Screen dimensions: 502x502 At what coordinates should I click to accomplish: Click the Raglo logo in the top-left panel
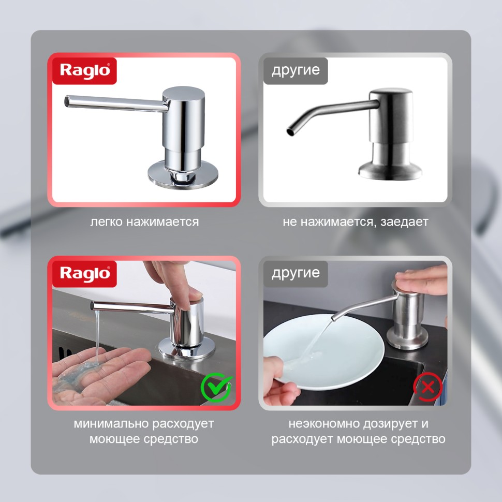tap(84, 71)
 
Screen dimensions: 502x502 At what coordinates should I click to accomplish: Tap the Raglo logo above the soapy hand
tap(84, 274)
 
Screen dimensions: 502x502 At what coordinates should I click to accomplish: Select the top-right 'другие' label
tap(296, 71)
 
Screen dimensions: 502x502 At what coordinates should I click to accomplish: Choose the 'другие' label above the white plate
tap(296, 274)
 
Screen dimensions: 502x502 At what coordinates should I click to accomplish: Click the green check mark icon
tap(216, 387)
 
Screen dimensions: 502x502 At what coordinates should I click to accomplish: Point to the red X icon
tap(427, 387)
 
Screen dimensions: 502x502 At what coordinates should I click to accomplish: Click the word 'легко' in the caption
tap(106, 222)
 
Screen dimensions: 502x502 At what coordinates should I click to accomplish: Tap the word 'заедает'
tap(404, 222)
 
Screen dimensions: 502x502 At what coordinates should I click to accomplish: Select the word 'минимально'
tap(111, 423)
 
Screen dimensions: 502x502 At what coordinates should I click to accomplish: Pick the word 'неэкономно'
tap(324, 423)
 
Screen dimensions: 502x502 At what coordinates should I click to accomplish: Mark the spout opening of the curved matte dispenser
tap(290, 131)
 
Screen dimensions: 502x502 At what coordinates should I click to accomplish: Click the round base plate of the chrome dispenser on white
tap(183, 175)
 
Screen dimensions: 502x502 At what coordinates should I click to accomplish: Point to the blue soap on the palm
tap(79, 375)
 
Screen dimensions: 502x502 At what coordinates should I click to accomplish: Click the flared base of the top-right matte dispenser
tap(390, 170)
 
